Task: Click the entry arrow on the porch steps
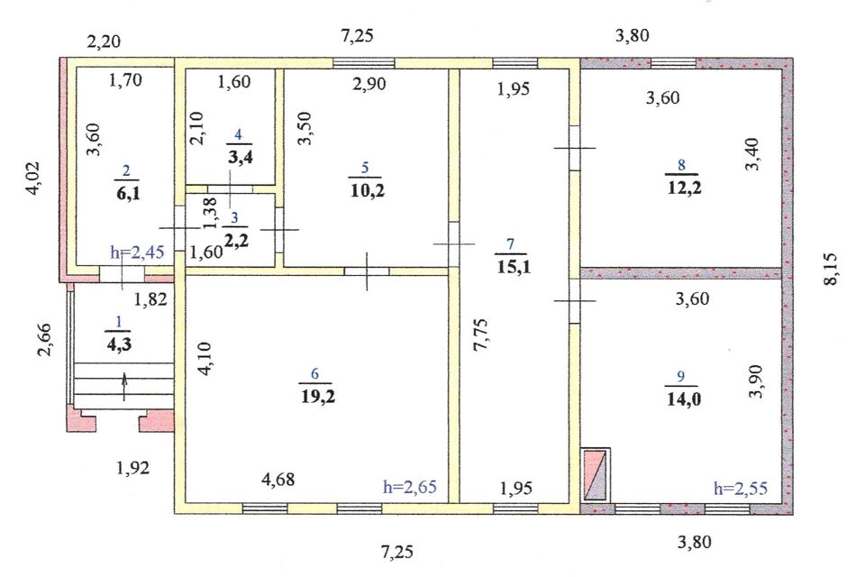[x=124, y=387]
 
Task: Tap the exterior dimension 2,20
[x=104, y=41]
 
